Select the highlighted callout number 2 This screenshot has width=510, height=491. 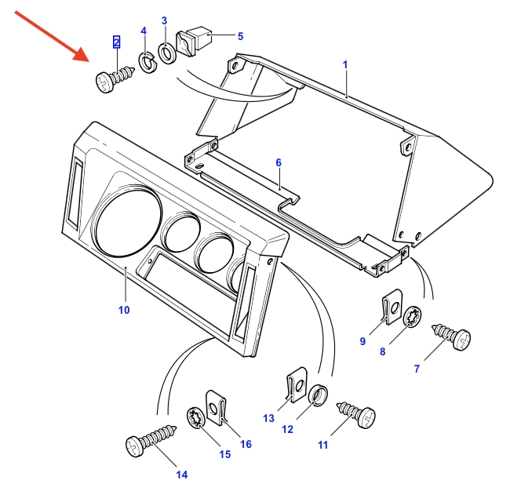coord(117,42)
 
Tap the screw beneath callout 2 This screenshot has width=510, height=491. coord(111,79)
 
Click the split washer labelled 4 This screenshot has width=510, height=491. coord(147,60)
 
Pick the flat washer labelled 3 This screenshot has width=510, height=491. coord(167,53)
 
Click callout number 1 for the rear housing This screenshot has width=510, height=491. coord(344,63)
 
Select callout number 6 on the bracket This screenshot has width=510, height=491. coord(278,162)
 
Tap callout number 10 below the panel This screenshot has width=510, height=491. coord(123,310)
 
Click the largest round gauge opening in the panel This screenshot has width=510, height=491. coord(126,221)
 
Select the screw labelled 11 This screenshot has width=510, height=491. coord(358,413)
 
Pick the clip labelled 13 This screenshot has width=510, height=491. coord(294,387)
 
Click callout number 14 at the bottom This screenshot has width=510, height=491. coord(182,475)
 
